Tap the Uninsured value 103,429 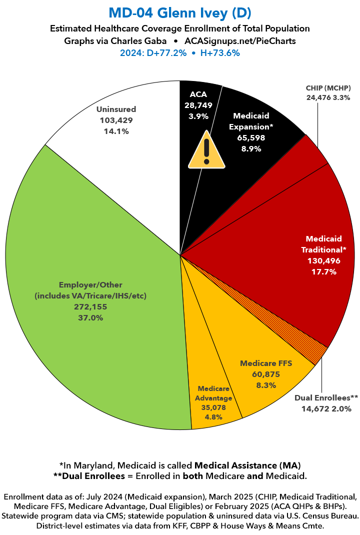tap(116, 120)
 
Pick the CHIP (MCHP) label tap(328, 88)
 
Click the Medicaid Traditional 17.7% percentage tap(323, 272)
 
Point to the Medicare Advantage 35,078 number tap(214, 407)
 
